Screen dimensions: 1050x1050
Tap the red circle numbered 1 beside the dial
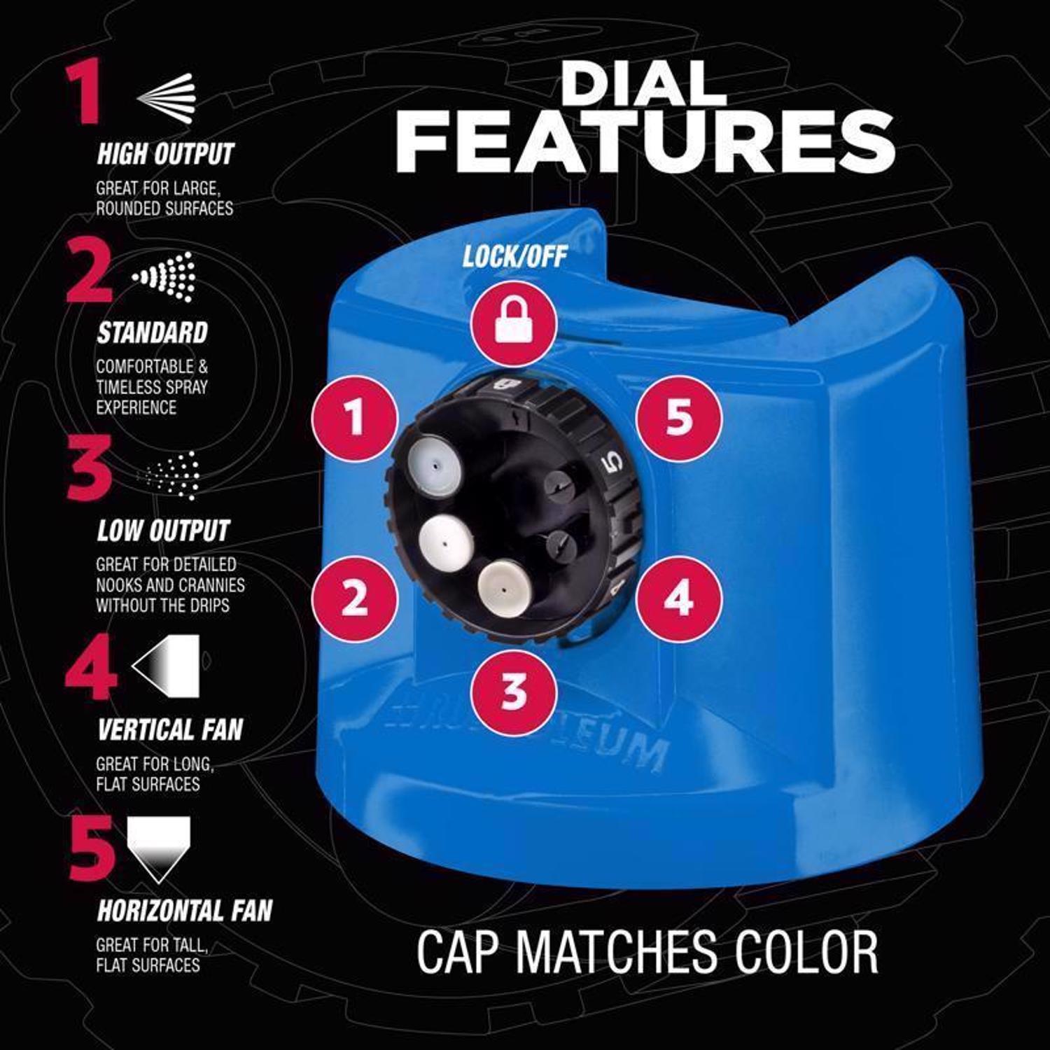pos(355,418)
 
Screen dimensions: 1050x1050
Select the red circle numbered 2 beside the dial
pos(355,599)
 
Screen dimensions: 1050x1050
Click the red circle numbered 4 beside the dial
pos(678,598)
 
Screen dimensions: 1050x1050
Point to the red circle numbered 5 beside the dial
pos(678,418)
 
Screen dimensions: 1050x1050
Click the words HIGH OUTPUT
pos(165,154)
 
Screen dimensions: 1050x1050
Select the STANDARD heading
pos(153,332)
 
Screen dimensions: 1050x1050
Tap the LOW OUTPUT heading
pos(163,531)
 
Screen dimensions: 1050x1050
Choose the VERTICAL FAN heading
pos(170,730)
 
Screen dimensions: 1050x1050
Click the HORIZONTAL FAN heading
pos(185,911)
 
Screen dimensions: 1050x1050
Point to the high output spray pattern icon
pos(166,96)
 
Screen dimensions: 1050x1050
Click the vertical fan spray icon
pos(166,666)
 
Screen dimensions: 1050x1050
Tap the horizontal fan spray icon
pos(158,848)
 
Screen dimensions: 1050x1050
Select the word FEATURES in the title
pos(645,143)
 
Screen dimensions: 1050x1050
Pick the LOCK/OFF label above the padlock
pos(514,257)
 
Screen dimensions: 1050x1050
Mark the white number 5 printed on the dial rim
pos(612,463)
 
